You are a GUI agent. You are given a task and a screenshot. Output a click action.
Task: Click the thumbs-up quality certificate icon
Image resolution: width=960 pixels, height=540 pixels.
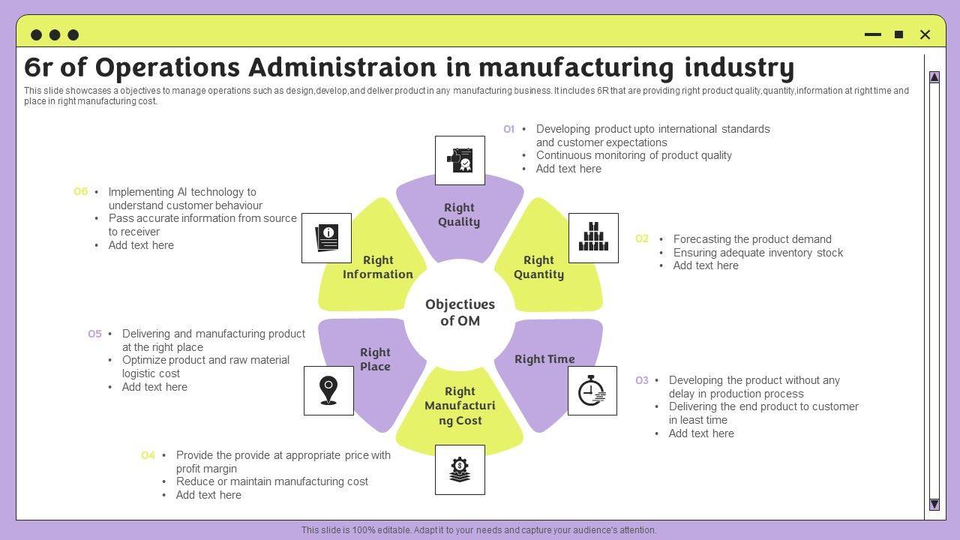(460, 160)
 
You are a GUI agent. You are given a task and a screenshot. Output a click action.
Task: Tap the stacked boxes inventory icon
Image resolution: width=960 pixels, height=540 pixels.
(593, 238)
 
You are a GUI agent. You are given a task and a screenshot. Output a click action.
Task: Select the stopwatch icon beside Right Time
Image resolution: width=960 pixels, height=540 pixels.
(592, 391)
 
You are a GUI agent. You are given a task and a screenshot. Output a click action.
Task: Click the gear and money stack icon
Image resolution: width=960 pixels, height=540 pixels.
(460, 470)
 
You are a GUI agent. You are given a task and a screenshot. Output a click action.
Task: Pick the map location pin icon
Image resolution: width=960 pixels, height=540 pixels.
(328, 391)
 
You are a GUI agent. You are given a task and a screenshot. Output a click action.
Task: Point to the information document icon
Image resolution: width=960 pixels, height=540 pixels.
(326, 238)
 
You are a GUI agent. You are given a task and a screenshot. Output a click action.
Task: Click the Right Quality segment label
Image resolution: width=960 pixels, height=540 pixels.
(459, 214)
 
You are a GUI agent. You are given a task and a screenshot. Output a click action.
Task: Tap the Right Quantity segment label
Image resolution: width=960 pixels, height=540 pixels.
(538, 267)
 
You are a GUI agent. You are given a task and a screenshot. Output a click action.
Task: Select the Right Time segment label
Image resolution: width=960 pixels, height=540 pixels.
(544, 359)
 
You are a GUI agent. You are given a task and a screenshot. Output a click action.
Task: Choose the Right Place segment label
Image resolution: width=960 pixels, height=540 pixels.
(375, 359)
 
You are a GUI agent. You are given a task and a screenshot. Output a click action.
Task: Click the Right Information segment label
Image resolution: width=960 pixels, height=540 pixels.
(378, 267)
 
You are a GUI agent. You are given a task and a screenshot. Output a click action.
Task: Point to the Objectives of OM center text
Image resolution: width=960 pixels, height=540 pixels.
(460, 313)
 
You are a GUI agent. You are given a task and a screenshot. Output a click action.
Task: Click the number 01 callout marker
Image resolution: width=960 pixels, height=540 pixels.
(508, 129)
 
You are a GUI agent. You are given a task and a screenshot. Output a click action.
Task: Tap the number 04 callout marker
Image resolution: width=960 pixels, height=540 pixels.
(148, 455)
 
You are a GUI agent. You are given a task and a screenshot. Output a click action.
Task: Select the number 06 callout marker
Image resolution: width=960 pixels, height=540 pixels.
(80, 192)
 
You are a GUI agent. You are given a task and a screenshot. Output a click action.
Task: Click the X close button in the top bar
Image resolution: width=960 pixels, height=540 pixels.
(925, 34)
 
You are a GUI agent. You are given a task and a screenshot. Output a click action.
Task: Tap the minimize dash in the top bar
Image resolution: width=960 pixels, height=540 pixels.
(873, 34)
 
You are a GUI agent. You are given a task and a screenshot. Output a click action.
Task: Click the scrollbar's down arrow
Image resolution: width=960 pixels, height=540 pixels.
(934, 504)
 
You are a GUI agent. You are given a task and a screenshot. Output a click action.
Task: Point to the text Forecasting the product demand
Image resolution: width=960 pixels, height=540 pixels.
(752, 239)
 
